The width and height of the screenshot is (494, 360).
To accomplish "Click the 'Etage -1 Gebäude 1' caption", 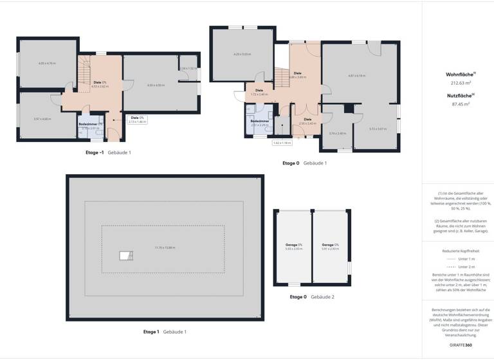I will tap(108, 152).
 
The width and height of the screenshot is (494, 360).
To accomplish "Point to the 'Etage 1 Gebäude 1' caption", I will tap(165, 331).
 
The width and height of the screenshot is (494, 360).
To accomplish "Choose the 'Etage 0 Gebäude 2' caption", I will tap(312, 296).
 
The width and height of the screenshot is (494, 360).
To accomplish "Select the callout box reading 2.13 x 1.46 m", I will tap(137, 119).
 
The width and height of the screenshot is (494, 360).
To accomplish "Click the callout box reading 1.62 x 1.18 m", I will tap(282, 143).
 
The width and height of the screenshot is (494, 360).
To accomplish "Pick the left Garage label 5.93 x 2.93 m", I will tap(294, 246).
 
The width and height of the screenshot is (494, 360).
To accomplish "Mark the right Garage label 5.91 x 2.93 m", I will tap(330, 246).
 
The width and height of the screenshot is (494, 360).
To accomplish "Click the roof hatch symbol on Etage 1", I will tap(125, 256).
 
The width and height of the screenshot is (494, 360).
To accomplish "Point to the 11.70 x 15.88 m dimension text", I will tap(164, 248).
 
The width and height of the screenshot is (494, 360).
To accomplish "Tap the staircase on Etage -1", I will tap(86, 73).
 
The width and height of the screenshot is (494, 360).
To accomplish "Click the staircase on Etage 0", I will tap(282, 79).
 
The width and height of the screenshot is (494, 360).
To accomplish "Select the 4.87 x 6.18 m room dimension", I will tap(356, 76).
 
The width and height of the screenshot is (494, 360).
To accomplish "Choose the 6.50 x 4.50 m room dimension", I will tap(156, 85).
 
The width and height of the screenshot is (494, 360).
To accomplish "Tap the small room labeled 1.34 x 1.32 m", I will tap(188, 69).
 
